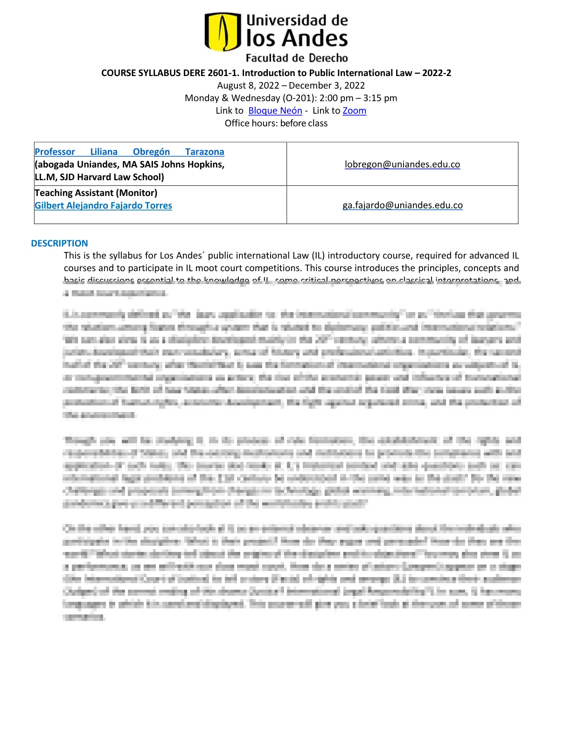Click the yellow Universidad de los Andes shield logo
coord(223,32)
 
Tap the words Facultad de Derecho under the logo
coord(297,58)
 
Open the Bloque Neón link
coord(275,111)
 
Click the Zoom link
coord(354,111)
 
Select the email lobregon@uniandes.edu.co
coord(402,164)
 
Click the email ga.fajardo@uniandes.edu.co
coord(402,205)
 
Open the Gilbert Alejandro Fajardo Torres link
coord(103,205)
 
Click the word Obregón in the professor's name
coord(151,152)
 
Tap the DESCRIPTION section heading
coord(59,243)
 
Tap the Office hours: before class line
coord(276,123)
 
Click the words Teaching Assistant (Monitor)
coord(96,193)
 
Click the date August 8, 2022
coord(248,85)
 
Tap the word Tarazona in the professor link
coord(204,152)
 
